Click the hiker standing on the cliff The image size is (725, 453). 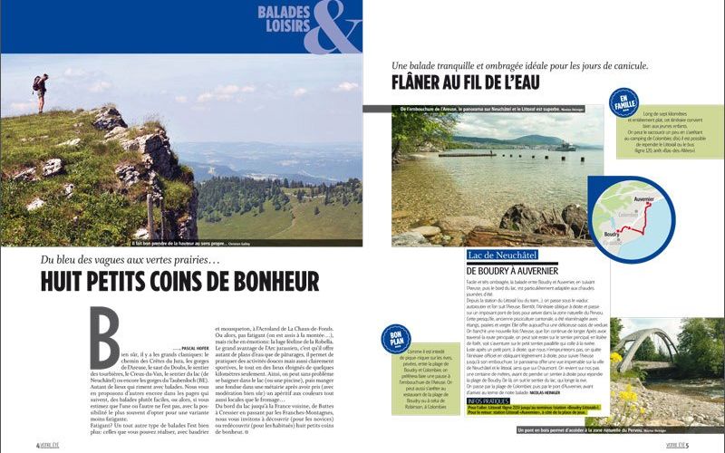point(39,92)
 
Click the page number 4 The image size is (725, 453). point(37,445)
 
